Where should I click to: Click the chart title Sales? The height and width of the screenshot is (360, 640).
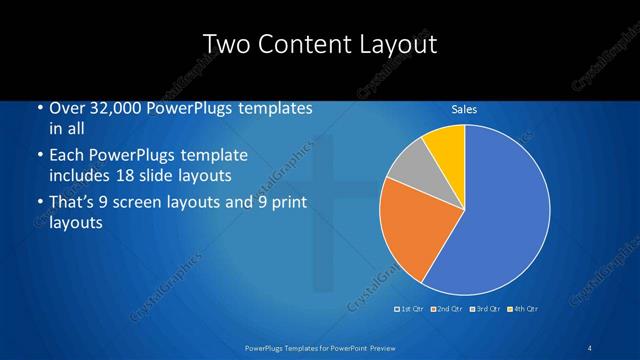(464, 109)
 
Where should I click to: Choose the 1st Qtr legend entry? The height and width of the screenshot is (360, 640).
(411, 308)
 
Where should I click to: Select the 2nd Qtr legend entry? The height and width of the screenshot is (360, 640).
(446, 308)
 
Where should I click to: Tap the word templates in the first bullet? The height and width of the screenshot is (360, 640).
(275, 108)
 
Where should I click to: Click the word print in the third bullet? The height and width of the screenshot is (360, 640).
(283, 203)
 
